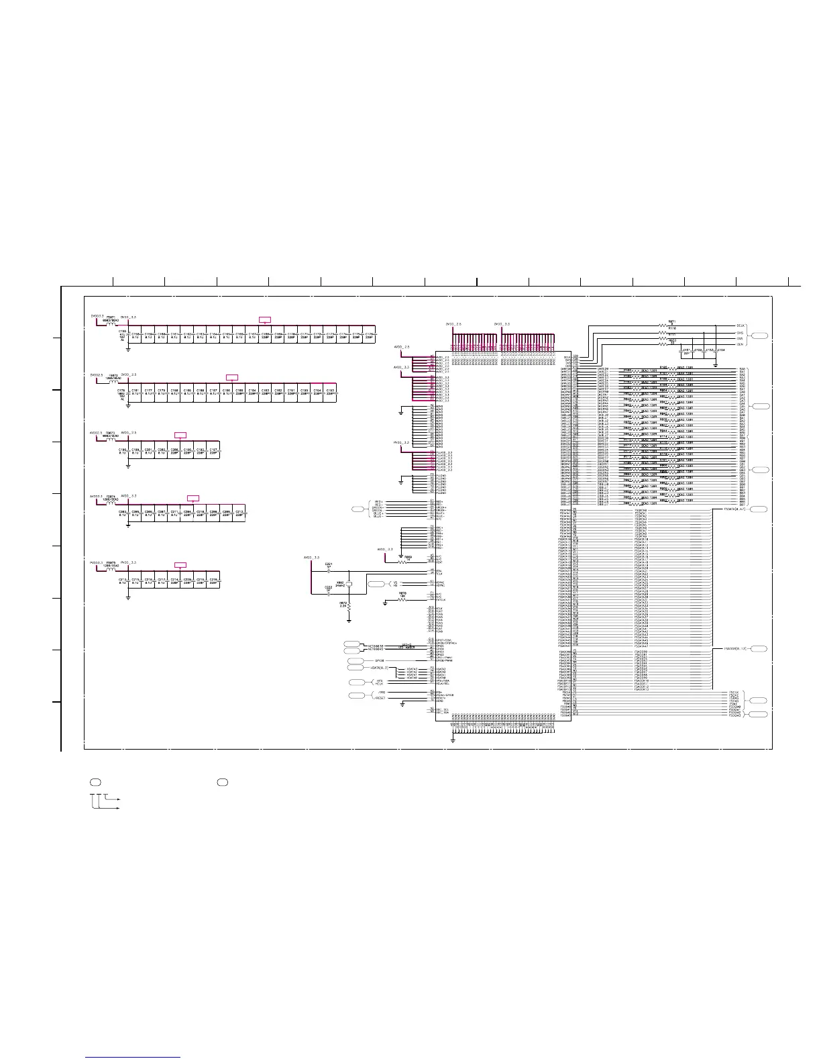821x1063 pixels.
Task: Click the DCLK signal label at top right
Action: pos(741,327)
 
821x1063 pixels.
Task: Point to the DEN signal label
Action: pos(741,344)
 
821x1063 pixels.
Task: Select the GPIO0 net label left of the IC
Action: pos(379,660)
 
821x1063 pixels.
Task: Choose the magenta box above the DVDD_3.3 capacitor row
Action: pos(265,320)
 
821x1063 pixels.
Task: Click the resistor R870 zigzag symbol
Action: pos(402,599)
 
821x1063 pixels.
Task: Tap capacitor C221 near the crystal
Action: pos(329,568)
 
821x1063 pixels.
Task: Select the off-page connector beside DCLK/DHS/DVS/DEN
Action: pos(759,336)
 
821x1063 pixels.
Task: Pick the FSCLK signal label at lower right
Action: pos(734,692)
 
